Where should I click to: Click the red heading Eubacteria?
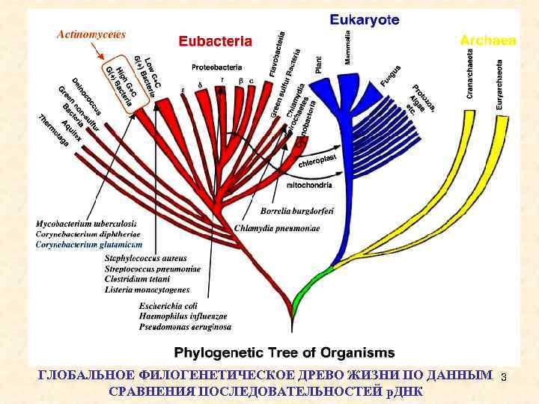[215, 42]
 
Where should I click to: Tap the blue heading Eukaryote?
[365, 19]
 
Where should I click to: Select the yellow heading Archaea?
[487, 40]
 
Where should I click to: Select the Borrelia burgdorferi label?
[297, 210]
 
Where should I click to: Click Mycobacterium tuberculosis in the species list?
[86, 223]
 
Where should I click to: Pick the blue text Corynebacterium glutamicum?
[88, 244]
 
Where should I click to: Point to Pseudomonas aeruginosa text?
[185, 326]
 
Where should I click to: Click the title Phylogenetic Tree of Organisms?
[284, 352]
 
